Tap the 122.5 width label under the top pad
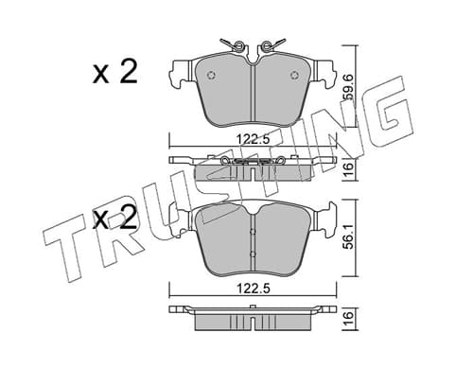click(x=253, y=138)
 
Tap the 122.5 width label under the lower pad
click(x=253, y=288)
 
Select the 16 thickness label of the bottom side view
click(x=348, y=316)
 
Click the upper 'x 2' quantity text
click(x=115, y=72)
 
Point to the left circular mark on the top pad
click(x=210, y=75)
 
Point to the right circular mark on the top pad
click(x=294, y=75)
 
